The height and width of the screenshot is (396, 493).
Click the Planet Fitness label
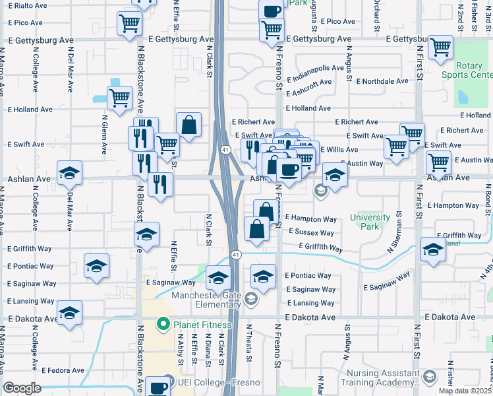(202, 325)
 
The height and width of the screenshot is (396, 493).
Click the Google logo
(22, 387)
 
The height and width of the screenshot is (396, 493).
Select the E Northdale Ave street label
(382, 81)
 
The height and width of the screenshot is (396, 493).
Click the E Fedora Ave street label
(63, 370)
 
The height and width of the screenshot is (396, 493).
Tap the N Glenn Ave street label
(104, 125)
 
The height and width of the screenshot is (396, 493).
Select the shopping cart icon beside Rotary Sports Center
(440, 47)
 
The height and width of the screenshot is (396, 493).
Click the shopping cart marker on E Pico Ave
(129, 24)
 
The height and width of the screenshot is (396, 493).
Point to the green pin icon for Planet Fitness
(163, 325)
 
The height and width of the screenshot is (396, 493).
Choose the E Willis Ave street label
(339, 150)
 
